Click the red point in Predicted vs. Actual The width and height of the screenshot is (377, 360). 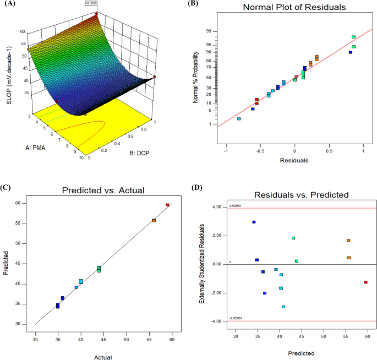167,205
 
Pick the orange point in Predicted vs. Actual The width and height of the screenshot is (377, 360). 154,220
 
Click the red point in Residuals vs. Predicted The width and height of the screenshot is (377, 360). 365,282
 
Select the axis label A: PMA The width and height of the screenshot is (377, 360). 38,147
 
